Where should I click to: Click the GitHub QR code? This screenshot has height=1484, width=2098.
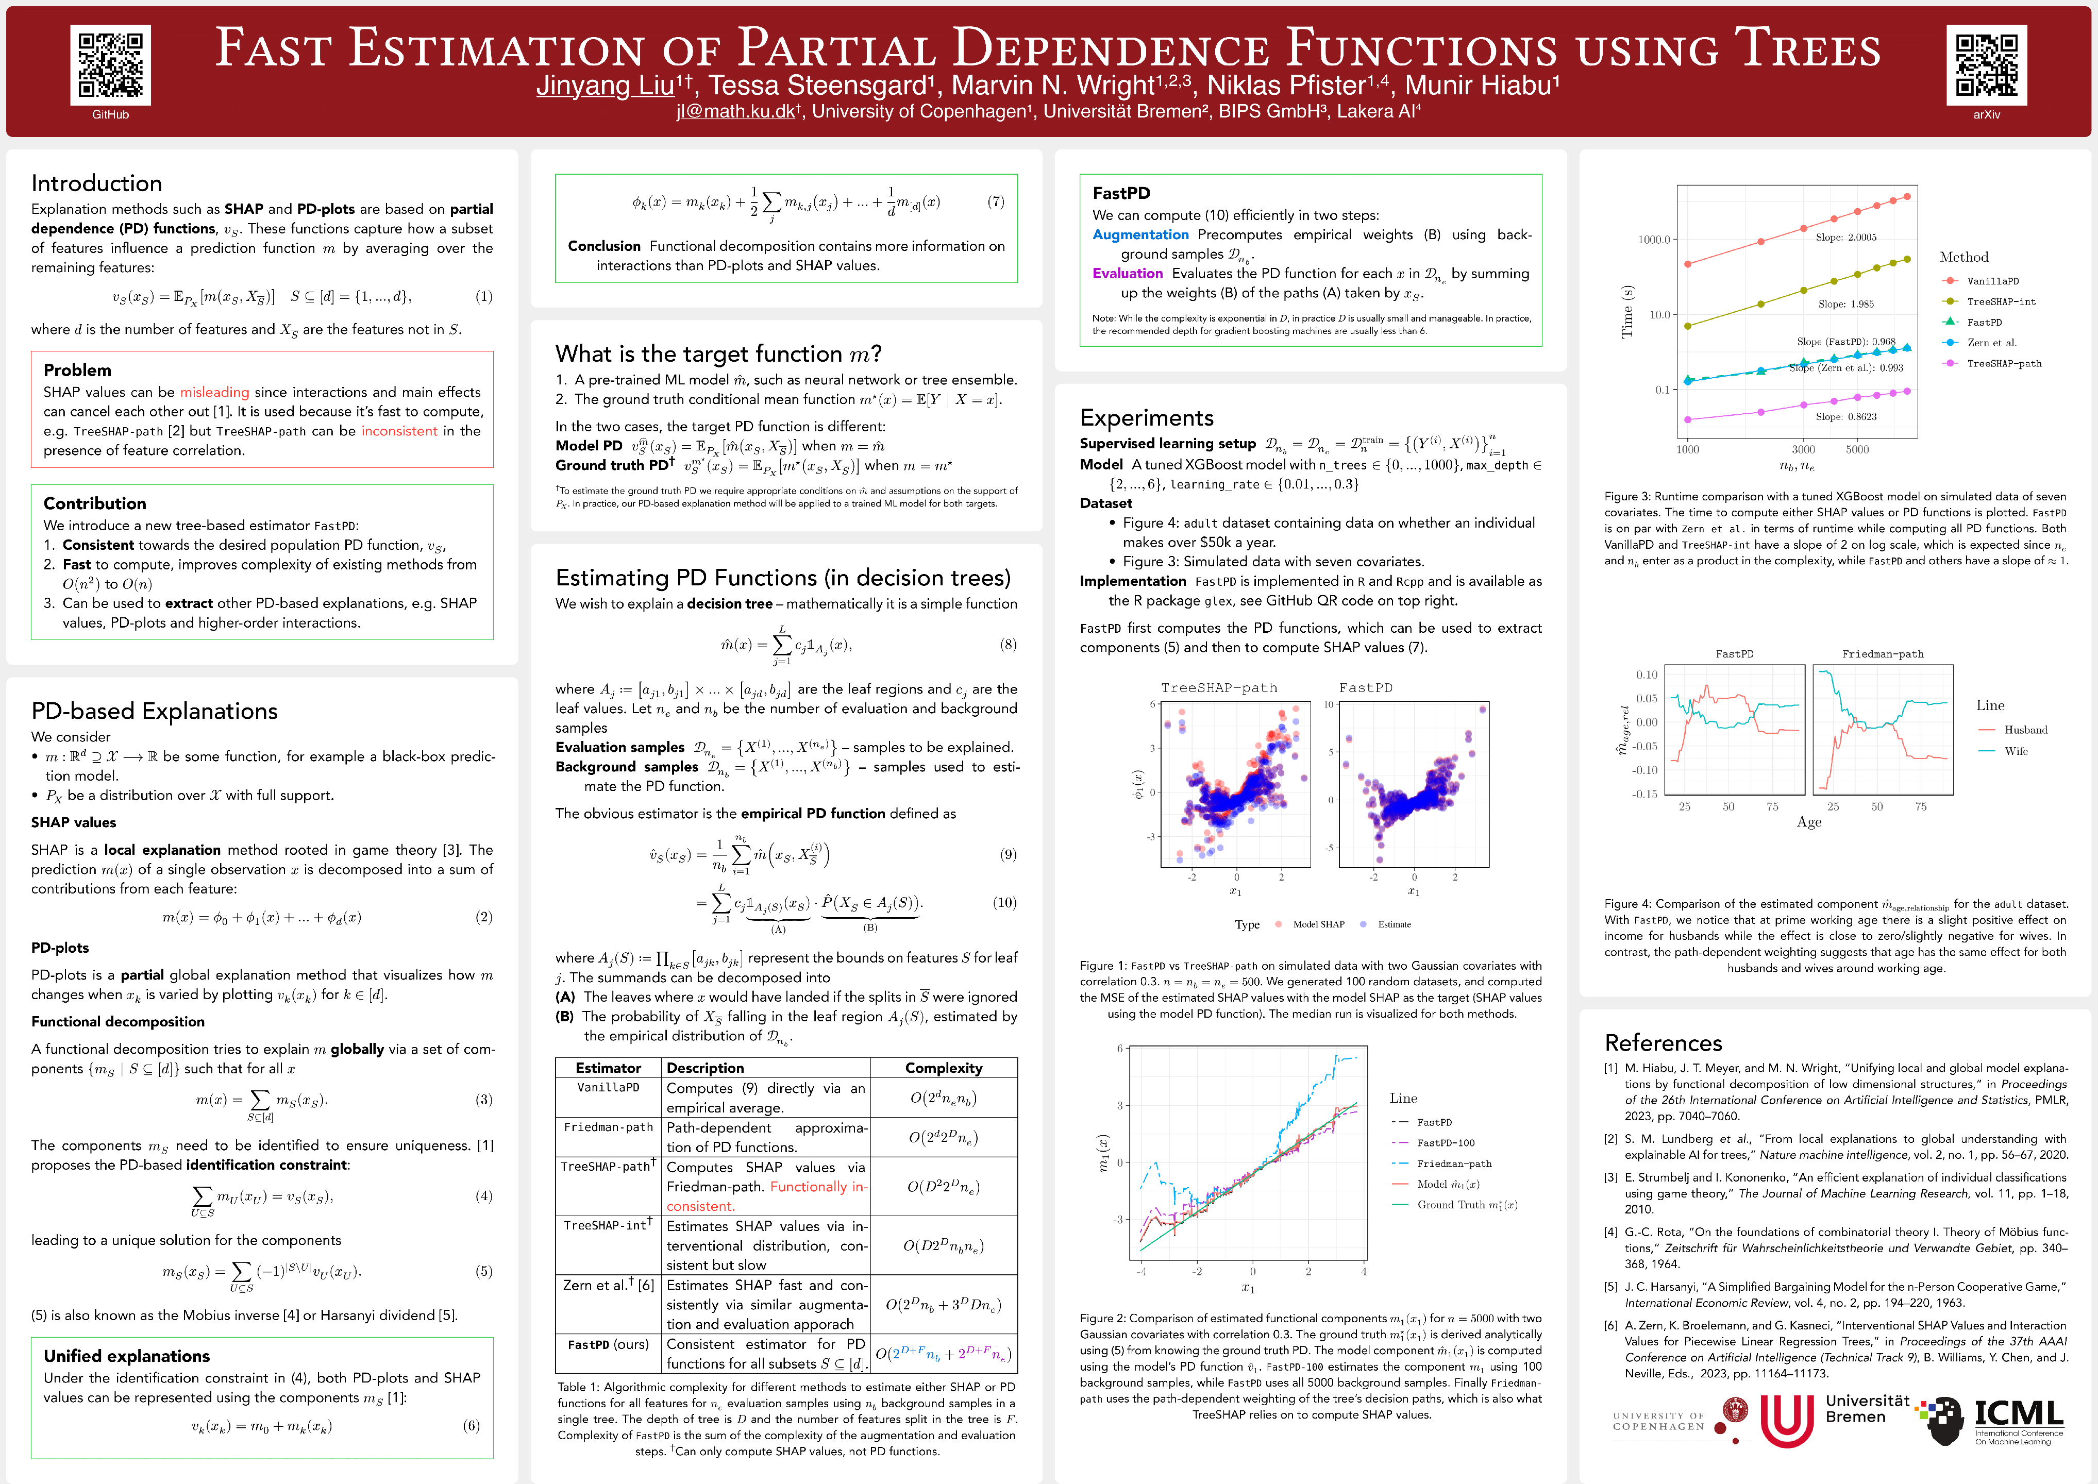pos(111,65)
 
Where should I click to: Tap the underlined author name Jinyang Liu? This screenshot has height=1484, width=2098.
pos(605,86)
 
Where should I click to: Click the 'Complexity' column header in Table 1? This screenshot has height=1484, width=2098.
pos(943,1067)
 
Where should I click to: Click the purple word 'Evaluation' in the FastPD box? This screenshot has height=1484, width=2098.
pos(1128,273)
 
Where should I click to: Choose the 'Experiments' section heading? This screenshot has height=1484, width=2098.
pos(1147,417)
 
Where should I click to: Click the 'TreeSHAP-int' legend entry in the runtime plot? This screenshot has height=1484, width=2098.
pos(2000,301)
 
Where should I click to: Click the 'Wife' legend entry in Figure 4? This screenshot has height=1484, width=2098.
pos(2016,751)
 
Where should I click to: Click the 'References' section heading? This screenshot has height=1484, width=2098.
pos(1663,1042)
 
